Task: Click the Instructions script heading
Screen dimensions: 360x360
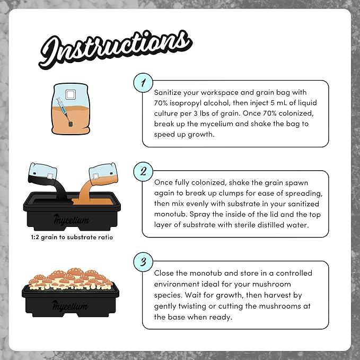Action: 115,49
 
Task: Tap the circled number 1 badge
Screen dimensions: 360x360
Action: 143,83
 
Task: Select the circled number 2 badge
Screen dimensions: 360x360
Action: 143,171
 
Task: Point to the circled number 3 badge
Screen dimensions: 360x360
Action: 143,262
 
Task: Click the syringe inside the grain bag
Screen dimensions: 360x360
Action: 65,112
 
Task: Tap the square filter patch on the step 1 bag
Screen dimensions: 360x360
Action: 71,94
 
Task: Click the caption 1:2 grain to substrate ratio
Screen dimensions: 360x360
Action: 72,237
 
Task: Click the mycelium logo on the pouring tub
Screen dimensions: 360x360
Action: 72,219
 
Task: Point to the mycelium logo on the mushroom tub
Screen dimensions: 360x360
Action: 70,306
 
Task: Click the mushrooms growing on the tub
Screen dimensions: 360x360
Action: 71,279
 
